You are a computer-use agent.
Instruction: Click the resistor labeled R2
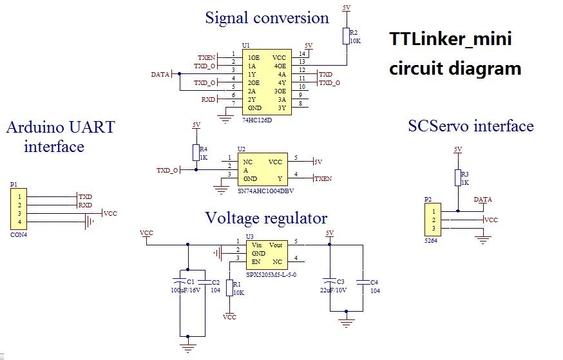(x=347, y=36)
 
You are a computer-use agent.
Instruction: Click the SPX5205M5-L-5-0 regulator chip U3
(x=267, y=254)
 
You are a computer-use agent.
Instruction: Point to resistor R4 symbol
(x=196, y=153)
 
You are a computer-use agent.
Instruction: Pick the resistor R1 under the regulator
(x=229, y=288)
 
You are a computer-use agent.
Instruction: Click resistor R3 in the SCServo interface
(x=458, y=178)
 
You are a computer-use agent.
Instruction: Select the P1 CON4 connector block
(x=19, y=209)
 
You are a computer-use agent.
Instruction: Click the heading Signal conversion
(x=267, y=18)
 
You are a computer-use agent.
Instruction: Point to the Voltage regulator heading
(x=266, y=218)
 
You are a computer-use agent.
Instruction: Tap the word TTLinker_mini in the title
(x=450, y=39)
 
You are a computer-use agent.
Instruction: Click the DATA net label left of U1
(x=160, y=74)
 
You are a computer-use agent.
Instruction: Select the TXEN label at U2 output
(x=323, y=178)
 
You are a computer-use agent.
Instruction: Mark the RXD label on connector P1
(x=85, y=205)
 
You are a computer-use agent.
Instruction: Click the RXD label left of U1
(x=208, y=100)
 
